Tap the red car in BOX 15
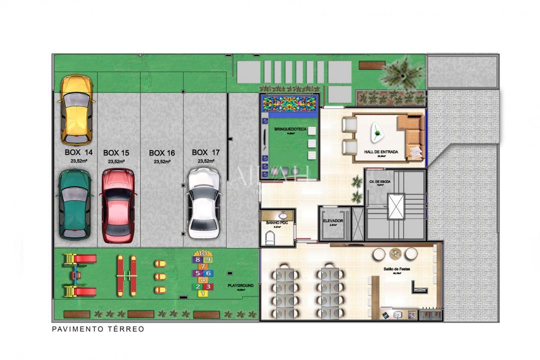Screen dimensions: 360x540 118,205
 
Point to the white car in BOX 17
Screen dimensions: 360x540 203,202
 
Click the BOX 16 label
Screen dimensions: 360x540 162,153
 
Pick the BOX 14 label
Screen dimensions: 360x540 78,152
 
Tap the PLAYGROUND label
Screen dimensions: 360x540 240,285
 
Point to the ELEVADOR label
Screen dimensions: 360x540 332,220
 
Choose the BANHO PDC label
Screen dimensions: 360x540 276,222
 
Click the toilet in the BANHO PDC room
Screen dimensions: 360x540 270,240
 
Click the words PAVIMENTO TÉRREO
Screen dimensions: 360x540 98,329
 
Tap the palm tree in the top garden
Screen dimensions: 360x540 401,73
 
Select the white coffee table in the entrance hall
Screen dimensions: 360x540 377,132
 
